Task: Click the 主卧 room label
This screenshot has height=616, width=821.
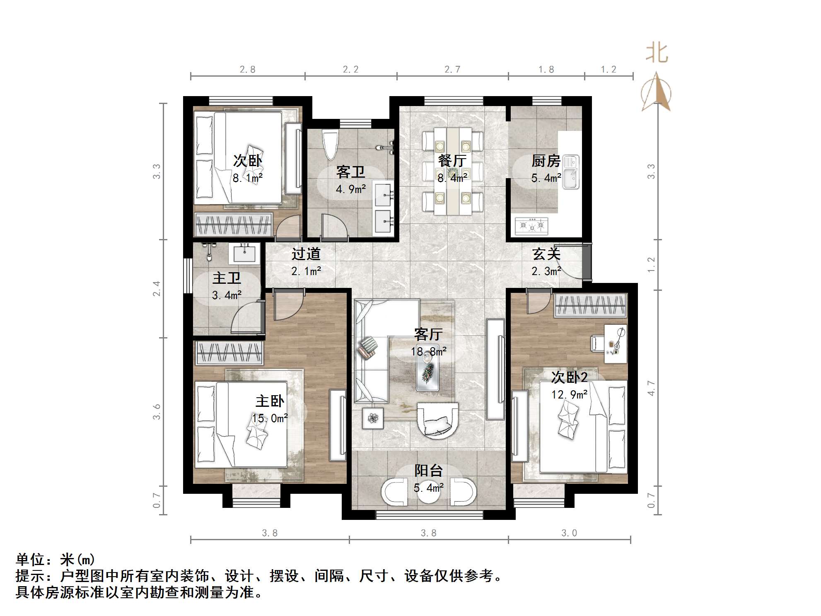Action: tap(270, 401)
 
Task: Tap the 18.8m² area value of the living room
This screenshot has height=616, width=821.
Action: tap(428, 352)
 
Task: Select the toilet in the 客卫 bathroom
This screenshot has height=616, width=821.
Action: tap(330, 145)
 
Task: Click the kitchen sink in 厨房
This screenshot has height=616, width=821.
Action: tap(571, 172)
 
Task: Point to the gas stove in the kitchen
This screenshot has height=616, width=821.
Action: tap(531, 226)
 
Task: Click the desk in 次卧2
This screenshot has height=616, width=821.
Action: tap(615, 343)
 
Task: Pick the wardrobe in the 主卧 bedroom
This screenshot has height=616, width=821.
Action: tap(229, 353)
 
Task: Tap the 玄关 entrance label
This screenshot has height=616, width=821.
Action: tap(546, 254)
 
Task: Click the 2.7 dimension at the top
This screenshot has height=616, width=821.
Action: tap(452, 69)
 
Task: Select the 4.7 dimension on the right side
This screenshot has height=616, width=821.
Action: tap(651, 388)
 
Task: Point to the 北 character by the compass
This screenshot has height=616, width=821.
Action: tap(657, 53)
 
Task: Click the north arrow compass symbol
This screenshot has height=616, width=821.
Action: tap(656, 93)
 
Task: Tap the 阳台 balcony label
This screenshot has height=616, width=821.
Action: tap(428, 471)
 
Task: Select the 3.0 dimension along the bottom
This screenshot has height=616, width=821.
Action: tap(569, 533)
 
